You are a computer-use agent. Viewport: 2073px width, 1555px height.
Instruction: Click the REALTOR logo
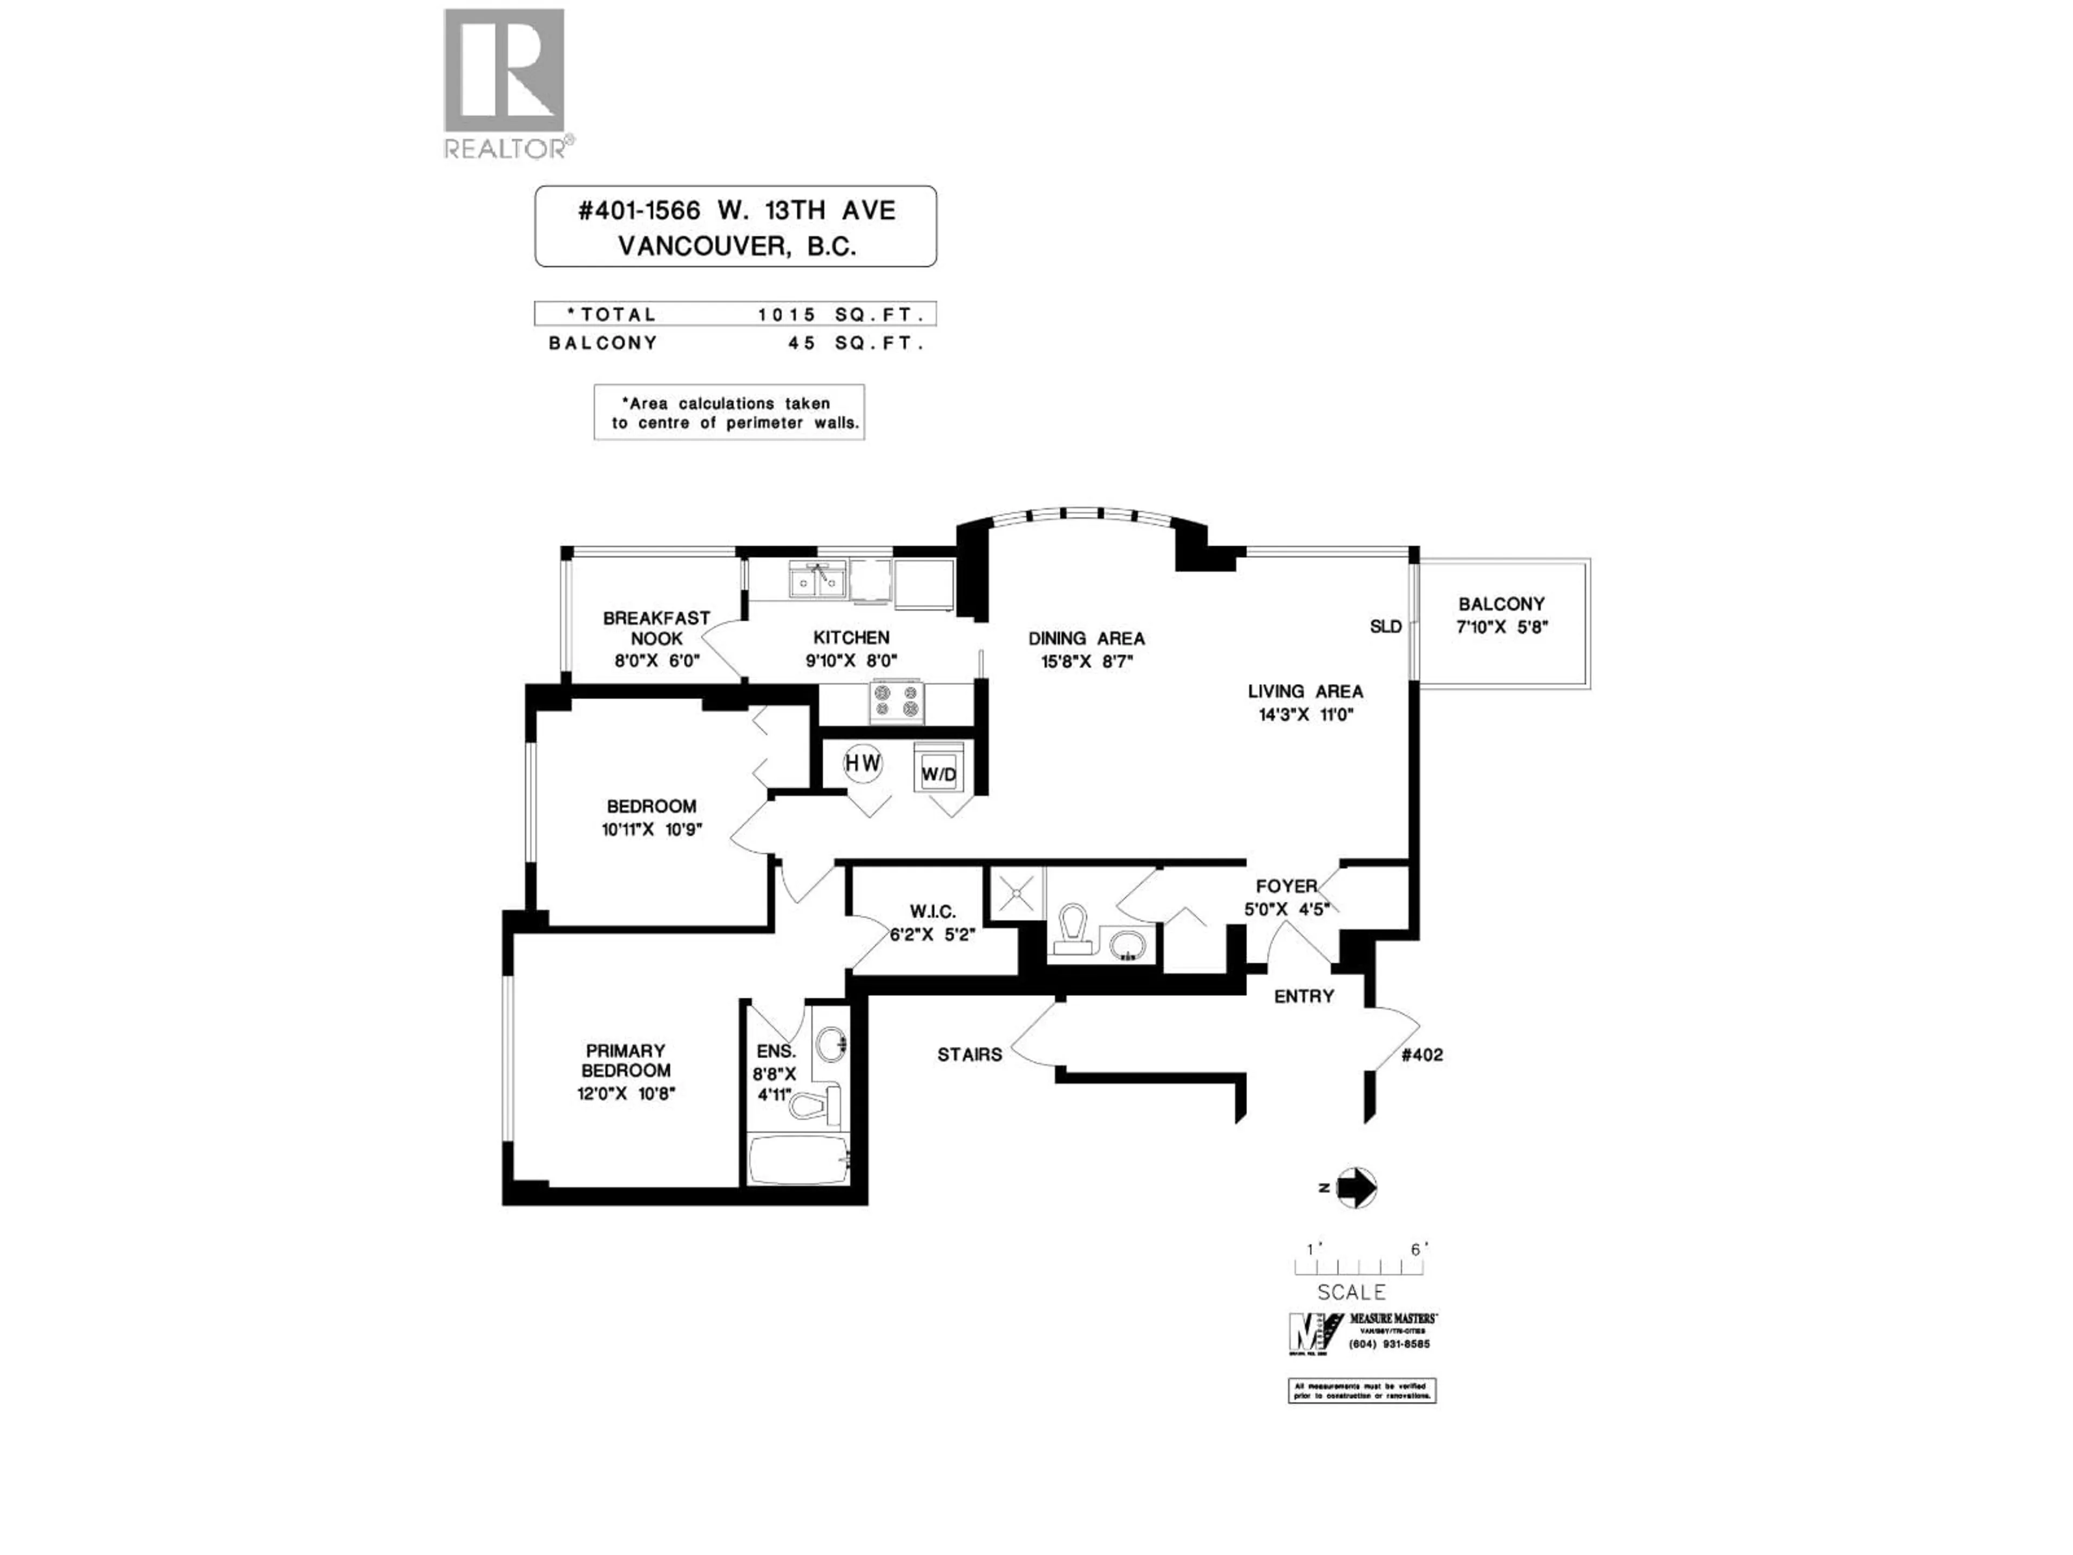coord(504,83)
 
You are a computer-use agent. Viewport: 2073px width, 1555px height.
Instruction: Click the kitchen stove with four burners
coord(896,701)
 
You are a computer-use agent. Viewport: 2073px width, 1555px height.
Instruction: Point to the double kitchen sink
coord(817,580)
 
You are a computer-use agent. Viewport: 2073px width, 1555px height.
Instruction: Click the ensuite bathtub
coord(798,1160)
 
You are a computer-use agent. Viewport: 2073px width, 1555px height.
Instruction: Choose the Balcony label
coord(1501,605)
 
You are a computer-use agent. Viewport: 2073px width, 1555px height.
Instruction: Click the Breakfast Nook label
coord(656,628)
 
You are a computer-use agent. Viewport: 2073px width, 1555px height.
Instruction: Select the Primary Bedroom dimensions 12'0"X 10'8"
coord(626,1093)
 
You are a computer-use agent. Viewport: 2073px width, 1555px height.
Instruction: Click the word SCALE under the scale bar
coord(1351,1293)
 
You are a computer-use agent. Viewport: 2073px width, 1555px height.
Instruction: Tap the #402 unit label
coord(1421,1054)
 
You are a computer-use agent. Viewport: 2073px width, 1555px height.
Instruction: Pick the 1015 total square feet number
coord(787,315)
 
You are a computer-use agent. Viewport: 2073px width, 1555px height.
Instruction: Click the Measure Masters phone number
coord(1389,1344)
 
